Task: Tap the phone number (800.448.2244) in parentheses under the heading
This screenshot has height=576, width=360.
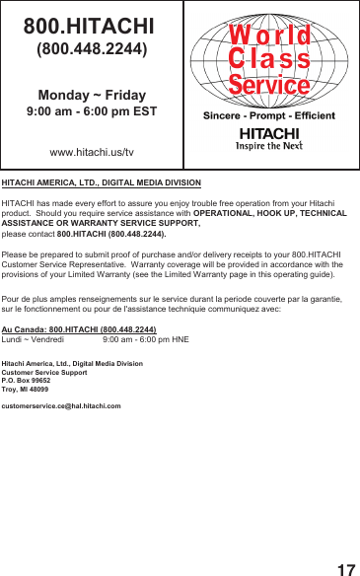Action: point(92,47)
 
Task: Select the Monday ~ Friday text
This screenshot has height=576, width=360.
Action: point(92,95)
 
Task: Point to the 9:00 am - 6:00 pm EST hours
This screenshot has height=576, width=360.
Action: point(92,112)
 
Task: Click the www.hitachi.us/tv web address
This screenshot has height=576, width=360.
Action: point(92,153)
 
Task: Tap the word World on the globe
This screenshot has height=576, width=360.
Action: point(269,36)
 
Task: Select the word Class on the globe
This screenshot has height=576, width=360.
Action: point(269,60)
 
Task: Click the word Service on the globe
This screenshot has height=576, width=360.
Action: point(269,85)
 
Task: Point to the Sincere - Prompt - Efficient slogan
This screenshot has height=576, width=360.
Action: point(268,116)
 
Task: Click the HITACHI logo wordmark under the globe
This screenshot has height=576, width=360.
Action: point(268,133)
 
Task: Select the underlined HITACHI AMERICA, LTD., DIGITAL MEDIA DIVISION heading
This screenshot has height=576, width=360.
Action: point(102,183)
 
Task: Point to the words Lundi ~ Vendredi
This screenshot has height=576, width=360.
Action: point(34,338)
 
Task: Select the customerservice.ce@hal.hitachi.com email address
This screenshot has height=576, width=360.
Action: point(61,405)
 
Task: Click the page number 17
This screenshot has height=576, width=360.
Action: point(345,569)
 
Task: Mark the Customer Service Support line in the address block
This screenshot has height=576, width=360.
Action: point(44,372)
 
